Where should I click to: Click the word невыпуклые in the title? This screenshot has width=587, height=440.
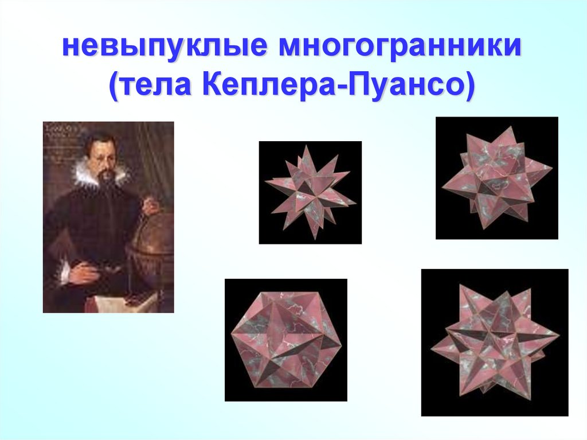coord(165,47)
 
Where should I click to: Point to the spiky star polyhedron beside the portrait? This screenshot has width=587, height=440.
coord(310,193)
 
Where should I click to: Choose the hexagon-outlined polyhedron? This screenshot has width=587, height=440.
coord(287,340)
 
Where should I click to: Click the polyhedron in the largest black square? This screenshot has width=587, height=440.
coord(495,342)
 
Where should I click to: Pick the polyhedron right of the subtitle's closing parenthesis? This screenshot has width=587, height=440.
coord(497,178)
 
